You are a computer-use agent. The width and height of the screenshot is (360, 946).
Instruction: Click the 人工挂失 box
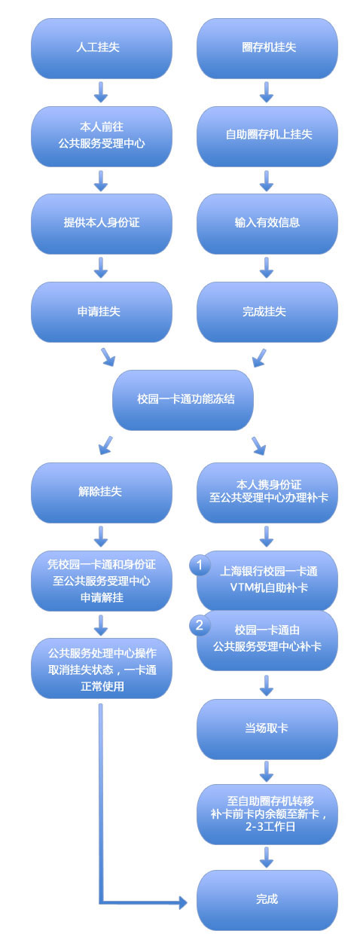pos(102,48)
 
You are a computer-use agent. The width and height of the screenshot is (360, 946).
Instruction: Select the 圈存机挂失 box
pos(267,48)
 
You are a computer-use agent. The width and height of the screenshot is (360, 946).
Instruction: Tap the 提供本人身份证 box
pos(102,224)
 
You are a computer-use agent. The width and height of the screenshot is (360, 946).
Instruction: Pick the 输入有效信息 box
pos(267,224)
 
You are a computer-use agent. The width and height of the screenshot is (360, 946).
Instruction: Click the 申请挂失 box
pos(102,312)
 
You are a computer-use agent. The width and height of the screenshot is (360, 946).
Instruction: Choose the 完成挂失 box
pos(267,312)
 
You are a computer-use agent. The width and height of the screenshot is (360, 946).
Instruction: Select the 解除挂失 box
pos(102,493)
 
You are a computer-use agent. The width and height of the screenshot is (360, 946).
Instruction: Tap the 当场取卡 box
pos(267,729)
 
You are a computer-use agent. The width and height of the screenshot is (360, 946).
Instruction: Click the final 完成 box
pos(267,900)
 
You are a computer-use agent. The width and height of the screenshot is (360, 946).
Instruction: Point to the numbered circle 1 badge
pos(200,565)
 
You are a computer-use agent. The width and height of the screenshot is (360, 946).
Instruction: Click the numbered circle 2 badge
pos(200,624)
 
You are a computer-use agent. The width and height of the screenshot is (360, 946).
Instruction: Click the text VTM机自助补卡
pos(269,587)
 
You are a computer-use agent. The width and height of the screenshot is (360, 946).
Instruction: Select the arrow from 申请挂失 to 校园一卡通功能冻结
pos(108,357)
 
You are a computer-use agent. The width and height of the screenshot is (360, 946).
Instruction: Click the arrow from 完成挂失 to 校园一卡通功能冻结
pos(259,358)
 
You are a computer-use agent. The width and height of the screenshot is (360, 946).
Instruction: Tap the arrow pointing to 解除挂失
pos(105,445)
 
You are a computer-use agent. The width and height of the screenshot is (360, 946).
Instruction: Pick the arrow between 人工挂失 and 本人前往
pos(101,92)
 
